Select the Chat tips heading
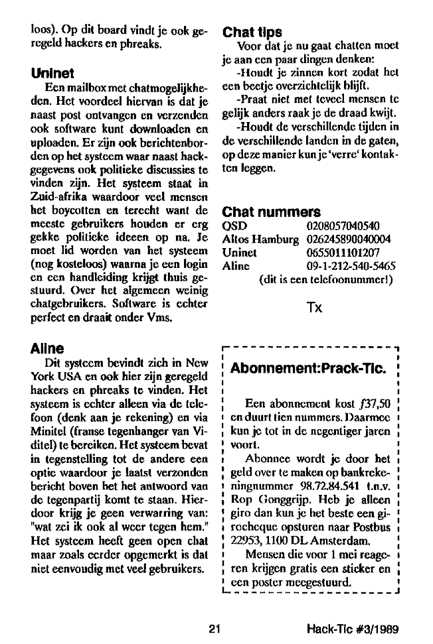pos(252,32)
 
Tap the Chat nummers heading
pos(272,212)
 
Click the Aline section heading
pos(48,348)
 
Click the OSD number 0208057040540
pos(343,226)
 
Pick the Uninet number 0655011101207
pos(343,251)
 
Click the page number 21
pos(213,628)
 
